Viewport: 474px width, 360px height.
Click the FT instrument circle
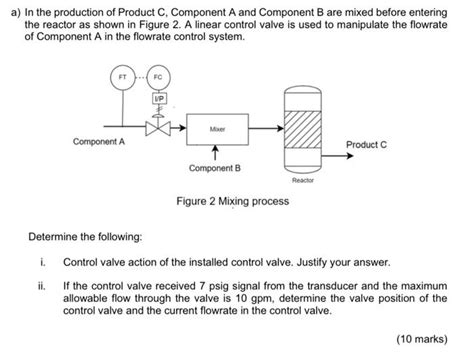click(123, 78)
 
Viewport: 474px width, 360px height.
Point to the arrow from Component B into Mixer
click(216, 152)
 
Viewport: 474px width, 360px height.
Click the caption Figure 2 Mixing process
click(232, 201)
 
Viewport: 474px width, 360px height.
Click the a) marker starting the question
click(13, 9)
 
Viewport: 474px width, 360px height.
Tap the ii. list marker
click(42, 285)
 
